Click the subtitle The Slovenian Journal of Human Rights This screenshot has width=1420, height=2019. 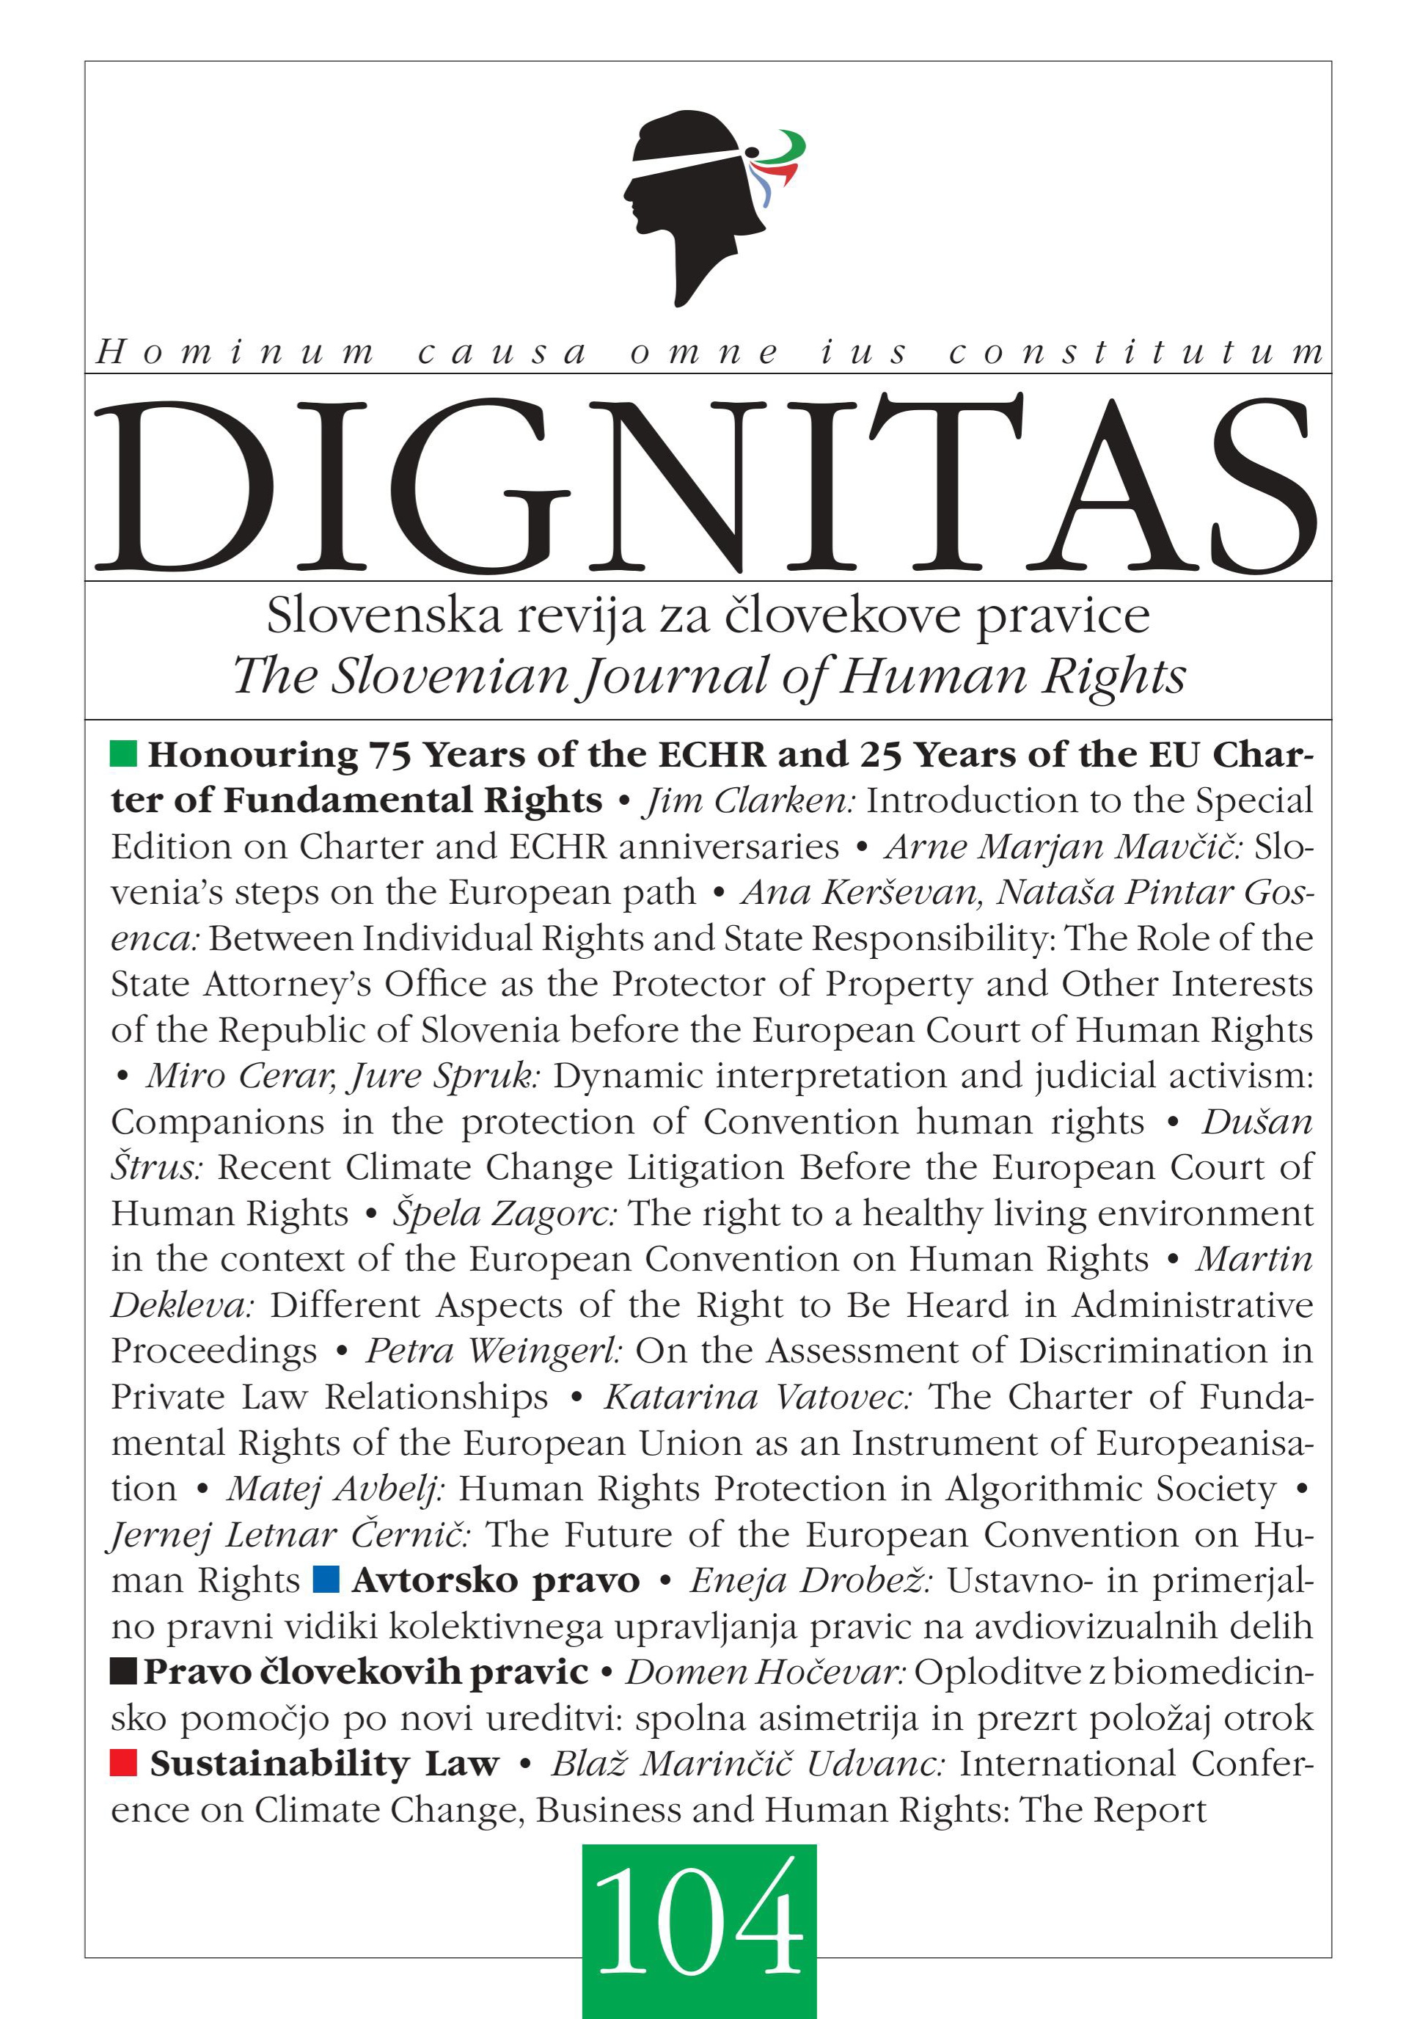pyautogui.click(x=709, y=676)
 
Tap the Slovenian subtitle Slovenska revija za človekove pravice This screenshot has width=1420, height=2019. pyautogui.click(x=709, y=616)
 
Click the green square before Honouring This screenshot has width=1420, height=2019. pyautogui.click(x=124, y=753)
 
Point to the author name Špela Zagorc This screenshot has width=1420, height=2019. pyautogui.click(x=505, y=1213)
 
